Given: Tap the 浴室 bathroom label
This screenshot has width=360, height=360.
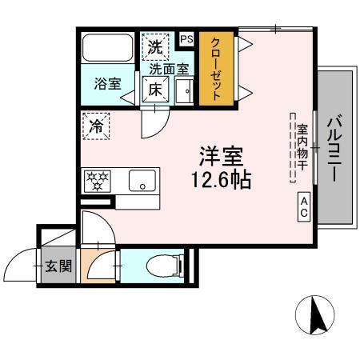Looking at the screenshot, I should (103, 82).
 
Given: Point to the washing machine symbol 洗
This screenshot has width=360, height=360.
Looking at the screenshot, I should (154, 46).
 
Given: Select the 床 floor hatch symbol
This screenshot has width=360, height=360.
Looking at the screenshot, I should (154, 90).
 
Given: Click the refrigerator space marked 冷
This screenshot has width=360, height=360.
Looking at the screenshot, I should (97, 126).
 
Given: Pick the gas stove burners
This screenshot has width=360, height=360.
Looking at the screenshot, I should (97, 181).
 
